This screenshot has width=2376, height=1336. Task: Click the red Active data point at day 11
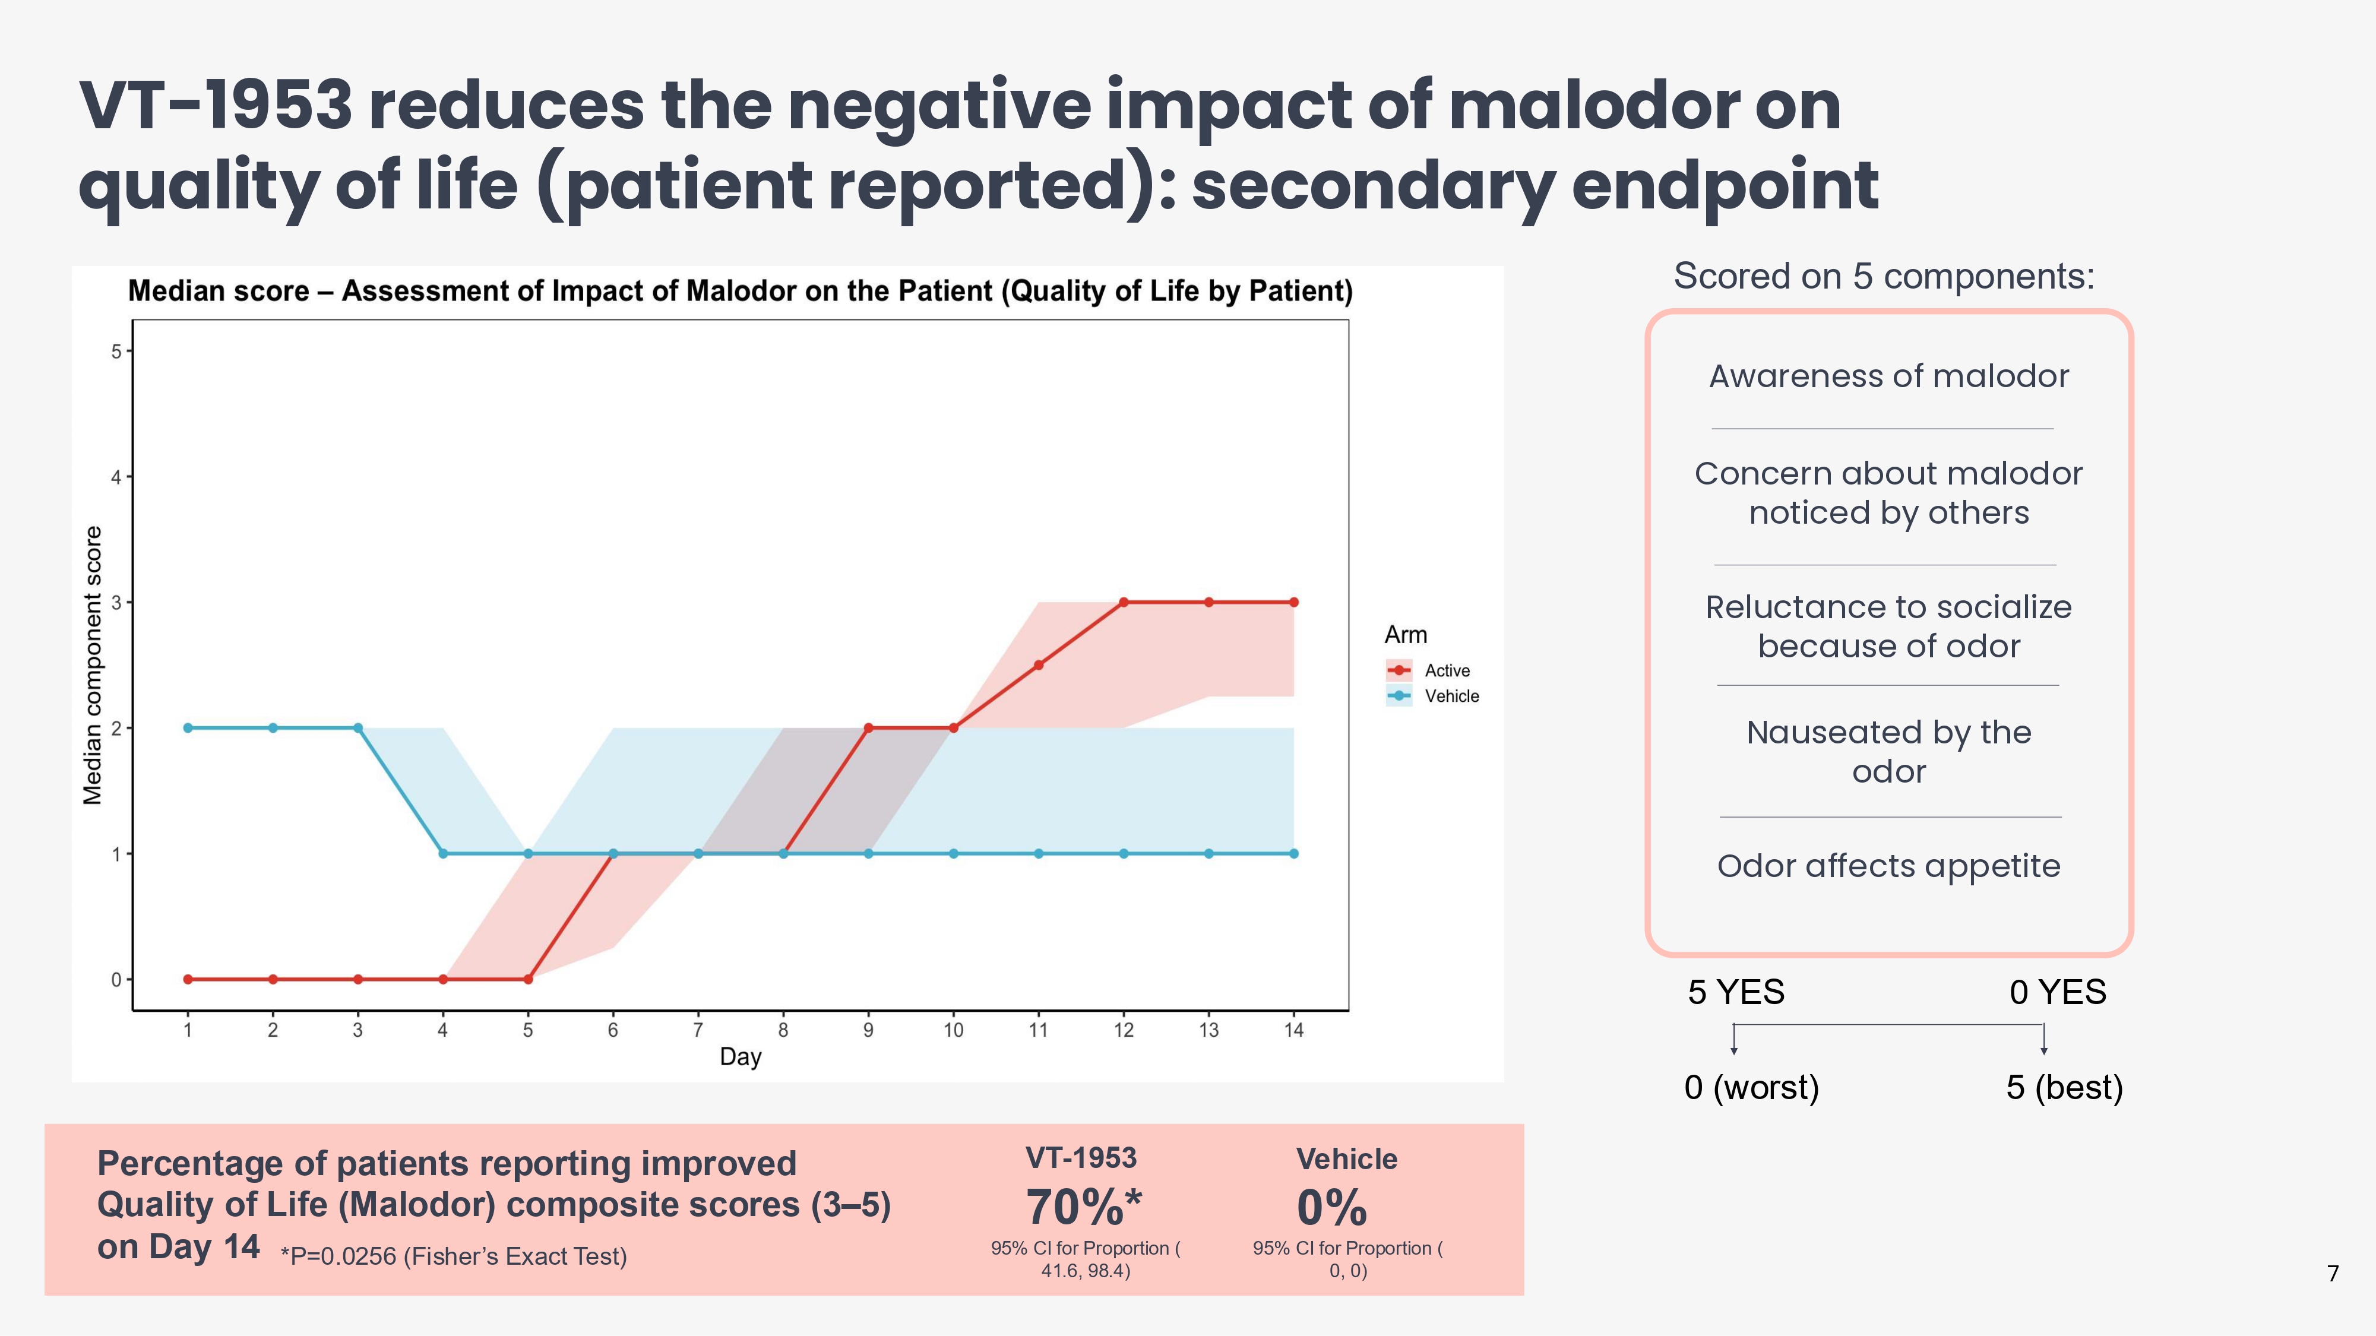(x=1039, y=665)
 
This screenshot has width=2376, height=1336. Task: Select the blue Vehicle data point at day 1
(x=188, y=727)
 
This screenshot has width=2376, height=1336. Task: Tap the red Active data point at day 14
(x=1294, y=602)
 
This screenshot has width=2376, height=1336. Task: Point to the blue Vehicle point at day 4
(x=443, y=854)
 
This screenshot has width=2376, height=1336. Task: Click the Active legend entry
(x=1445, y=670)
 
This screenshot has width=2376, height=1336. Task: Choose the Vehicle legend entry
(x=1450, y=696)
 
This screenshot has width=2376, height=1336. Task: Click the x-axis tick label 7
(x=698, y=1030)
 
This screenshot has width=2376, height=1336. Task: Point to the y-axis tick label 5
(x=116, y=352)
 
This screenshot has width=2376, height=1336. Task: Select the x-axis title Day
(x=740, y=1057)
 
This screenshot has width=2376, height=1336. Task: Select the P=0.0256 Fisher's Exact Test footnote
(x=454, y=1256)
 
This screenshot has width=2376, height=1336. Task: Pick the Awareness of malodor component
(x=1888, y=376)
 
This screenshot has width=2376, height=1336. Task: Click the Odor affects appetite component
(x=1888, y=866)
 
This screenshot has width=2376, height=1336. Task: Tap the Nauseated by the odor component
(x=1888, y=752)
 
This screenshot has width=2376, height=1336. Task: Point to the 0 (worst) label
(x=1751, y=1087)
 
